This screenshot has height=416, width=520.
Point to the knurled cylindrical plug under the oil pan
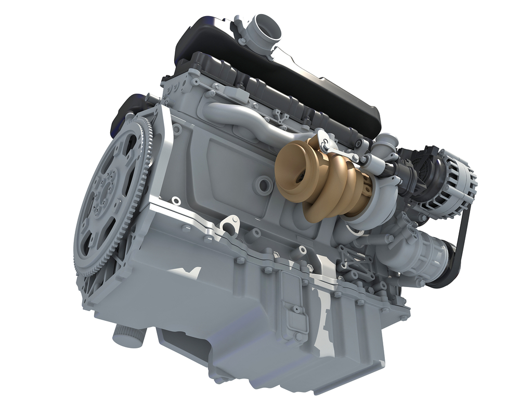coord(128,336)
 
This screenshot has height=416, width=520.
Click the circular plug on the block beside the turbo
coord(264,184)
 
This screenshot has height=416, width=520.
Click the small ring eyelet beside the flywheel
coord(176,201)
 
